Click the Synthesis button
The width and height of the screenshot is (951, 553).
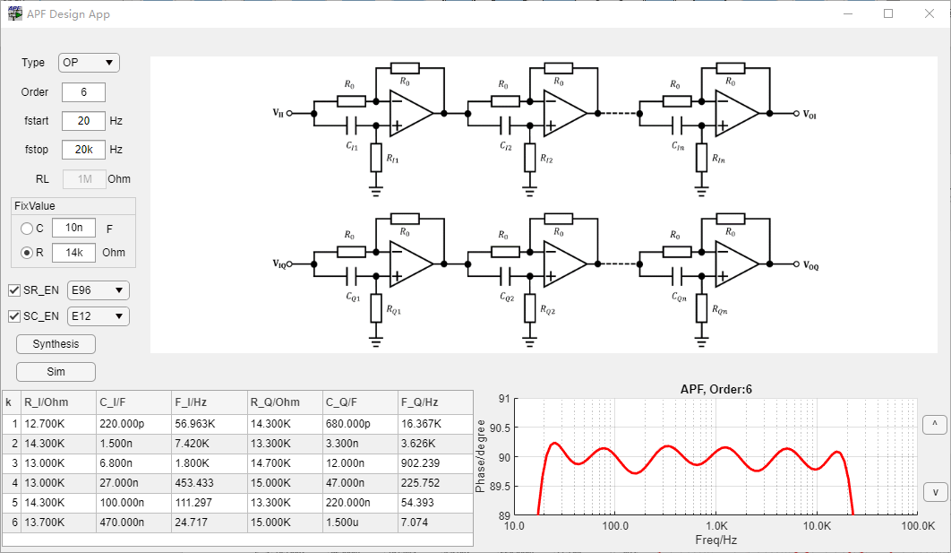tap(56, 344)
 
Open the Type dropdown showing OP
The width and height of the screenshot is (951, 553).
tap(89, 63)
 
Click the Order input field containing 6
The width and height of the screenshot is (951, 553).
tap(83, 92)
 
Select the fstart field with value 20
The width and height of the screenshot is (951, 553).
tap(83, 120)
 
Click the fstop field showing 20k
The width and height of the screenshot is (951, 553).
tap(83, 150)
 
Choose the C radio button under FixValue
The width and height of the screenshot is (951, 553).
tap(27, 229)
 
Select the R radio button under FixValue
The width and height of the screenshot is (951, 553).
tap(27, 253)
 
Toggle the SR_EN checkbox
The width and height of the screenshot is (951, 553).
tap(14, 290)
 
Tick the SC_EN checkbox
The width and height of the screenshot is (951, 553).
tap(14, 316)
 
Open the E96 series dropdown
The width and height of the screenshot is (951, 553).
tap(99, 290)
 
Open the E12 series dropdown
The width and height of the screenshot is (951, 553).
tap(99, 316)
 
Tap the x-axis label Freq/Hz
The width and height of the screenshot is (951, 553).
tap(716, 540)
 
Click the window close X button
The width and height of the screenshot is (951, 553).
tap(930, 13)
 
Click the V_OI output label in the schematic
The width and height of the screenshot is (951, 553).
tap(810, 115)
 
